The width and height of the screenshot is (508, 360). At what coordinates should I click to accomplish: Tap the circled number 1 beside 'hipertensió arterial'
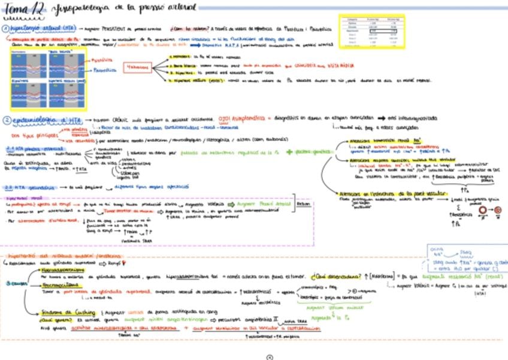pyautogui.click(x=5, y=29)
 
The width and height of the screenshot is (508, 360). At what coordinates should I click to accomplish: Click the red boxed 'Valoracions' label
pyautogui.click(x=140, y=68)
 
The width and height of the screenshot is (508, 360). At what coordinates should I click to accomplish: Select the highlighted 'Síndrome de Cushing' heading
pyautogui.click(x=63, y=311)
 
